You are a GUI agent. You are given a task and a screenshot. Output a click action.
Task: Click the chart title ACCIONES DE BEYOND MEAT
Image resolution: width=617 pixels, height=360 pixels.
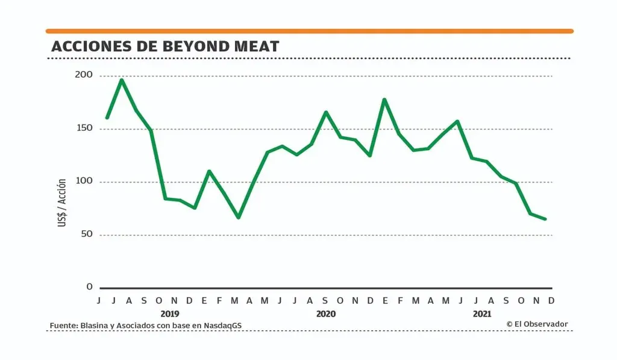(x=165, y=46)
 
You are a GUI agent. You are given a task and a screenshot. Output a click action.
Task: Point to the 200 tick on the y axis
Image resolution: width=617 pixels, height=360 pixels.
(x=84, y=75)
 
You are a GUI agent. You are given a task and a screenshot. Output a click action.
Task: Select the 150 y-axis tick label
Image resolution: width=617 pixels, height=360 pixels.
(x=84, y=128)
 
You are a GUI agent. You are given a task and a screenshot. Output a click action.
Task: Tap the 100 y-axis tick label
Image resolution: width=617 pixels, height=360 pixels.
(x=84, y=182)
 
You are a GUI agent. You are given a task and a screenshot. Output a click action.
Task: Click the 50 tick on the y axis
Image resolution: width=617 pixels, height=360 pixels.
(x=87, y=234)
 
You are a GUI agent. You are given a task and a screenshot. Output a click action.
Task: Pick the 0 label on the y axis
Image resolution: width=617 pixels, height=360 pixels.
(x=90, y=287)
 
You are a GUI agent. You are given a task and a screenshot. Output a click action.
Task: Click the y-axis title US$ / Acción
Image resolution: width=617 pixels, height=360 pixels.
(x=63, y=203)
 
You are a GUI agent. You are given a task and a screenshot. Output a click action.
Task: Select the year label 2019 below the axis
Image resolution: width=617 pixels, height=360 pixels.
(x=170, y=314)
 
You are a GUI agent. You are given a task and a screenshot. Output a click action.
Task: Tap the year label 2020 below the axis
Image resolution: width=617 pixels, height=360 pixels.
(x=326, y=314)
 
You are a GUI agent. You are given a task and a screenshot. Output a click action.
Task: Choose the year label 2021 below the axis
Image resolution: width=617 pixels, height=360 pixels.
(x=482, y=314)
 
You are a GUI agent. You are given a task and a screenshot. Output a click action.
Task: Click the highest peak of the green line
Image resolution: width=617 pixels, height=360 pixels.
(x=122, y=80)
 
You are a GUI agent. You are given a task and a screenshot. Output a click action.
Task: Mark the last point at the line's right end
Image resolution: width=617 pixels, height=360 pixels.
(x=545, y=219)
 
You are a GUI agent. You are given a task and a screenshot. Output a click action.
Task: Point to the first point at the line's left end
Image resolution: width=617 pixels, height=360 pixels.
(x=107, y=118)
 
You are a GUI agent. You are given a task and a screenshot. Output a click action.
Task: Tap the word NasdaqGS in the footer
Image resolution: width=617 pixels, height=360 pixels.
(x=230, y=326)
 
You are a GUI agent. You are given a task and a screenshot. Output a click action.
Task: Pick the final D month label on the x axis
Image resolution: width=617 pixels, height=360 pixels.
(x=551, y=300)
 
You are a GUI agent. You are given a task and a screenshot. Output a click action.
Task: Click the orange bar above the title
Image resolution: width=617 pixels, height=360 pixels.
(x=310, y=31)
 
